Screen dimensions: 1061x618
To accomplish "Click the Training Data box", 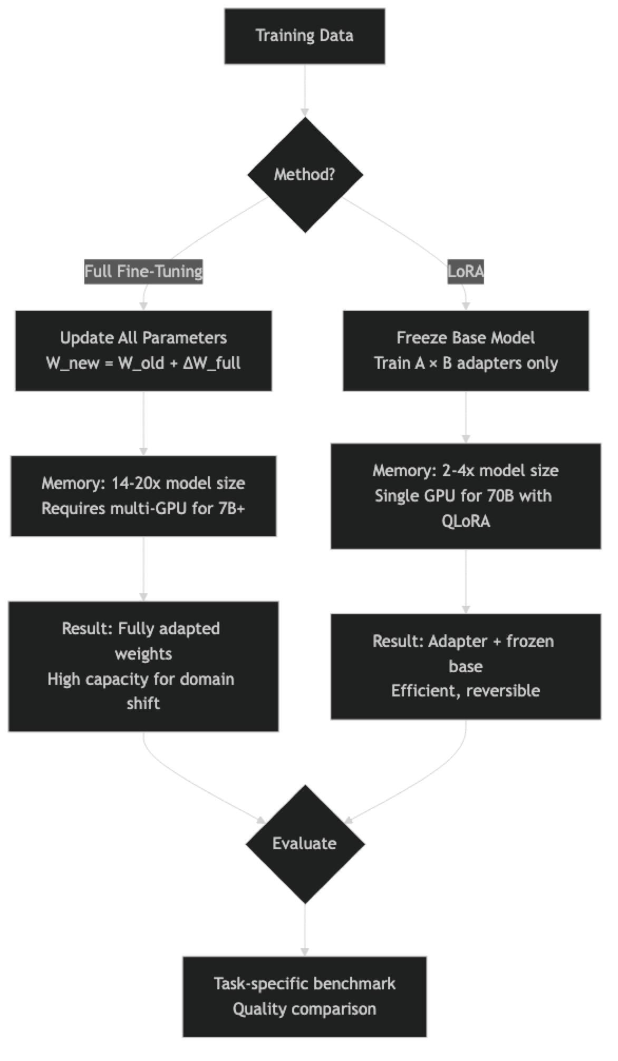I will point(304,36).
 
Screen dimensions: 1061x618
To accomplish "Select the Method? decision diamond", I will point(305,174).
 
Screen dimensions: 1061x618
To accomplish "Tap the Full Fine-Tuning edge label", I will point(143,271).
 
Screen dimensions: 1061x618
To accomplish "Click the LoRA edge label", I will point(465,271).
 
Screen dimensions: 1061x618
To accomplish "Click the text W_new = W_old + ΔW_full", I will point(143,364).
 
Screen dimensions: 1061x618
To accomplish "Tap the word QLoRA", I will point(466,521).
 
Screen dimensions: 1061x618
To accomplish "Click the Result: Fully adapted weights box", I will point(143,666).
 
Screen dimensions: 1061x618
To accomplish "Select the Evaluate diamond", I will point(304,843).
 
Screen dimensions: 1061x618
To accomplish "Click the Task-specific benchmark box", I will point(304,996).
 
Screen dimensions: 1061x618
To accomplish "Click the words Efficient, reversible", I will point(466,691).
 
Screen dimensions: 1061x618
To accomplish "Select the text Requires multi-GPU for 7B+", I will point(143,508).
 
